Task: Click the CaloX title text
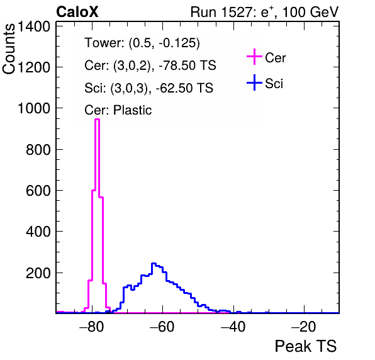tap(77, 12)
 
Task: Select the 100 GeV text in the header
tap(310, 12)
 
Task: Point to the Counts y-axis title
tap(9, 49)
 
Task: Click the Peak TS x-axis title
tap(306, 346)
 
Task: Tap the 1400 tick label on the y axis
tap(34, 26)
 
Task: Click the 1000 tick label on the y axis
tap(34, 108)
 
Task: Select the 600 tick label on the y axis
tap(38, 191)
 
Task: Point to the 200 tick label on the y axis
tap(38, 273)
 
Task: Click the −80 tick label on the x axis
tap(92, 327)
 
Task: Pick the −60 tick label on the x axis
tap(162, 327)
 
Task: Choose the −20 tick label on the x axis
tap(304, 327)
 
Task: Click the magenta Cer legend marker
tap(254, 57)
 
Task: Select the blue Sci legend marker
tap(254, 82)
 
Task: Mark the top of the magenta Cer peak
tap(97, 119)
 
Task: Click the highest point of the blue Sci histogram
tap(154, 263)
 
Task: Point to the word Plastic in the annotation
tap(132, 110)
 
